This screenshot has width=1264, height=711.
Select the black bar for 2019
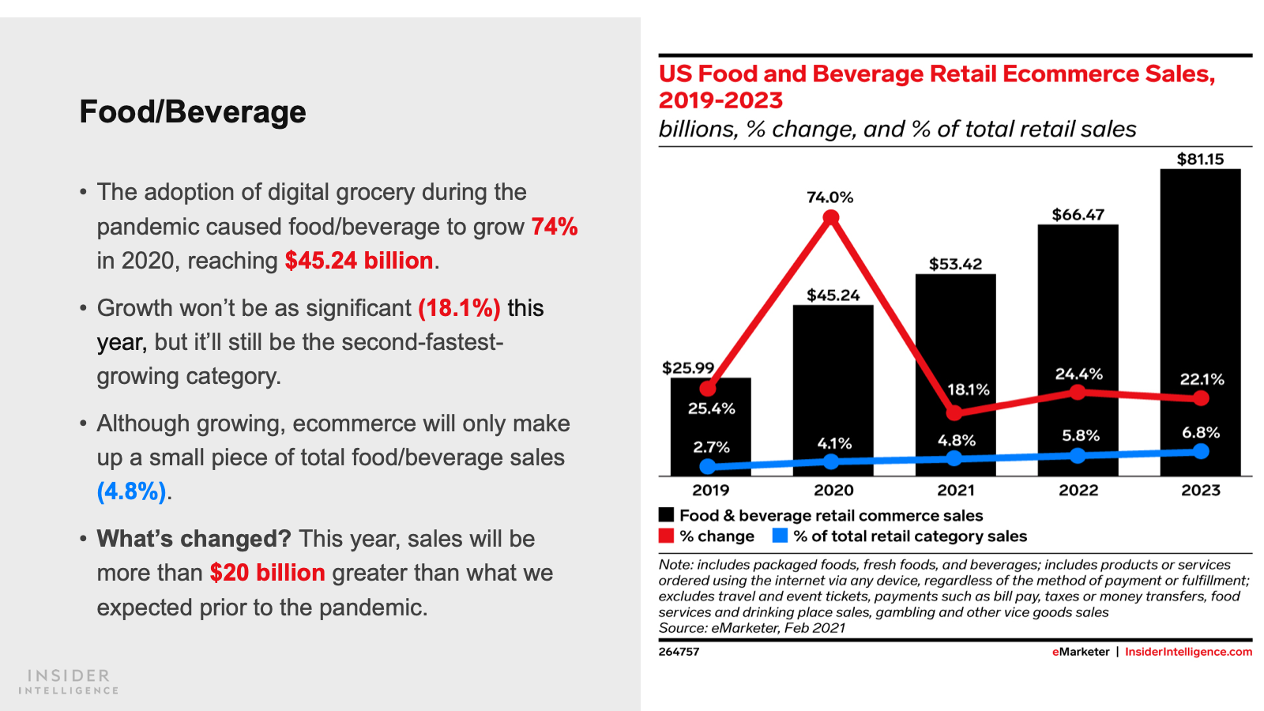point(710,431)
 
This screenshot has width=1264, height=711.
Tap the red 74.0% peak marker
point(830,219)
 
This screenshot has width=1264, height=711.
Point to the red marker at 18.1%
point(954,412)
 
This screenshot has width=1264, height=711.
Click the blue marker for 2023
point(1201,451)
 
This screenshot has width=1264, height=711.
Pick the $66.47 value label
point(1078,215)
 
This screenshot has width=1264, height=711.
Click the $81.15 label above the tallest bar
point(1200,159)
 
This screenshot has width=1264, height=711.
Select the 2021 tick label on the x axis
point(955,491)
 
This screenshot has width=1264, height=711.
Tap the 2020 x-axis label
point(833,491)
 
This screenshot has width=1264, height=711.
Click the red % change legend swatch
point(667,536)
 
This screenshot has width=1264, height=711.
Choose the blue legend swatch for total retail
point(780,536)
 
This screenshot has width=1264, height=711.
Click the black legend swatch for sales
point(667,515)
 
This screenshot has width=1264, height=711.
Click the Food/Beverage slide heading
point(193,111)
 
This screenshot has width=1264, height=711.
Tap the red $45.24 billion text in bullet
point(359,261)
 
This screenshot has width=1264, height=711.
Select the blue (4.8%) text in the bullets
point(131,491)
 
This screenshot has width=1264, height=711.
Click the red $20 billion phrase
point(267,573)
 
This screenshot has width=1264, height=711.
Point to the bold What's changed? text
point(194,539)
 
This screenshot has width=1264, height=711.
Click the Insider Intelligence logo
point(69,681)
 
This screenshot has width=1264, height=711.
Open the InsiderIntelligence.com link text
point(1188,652)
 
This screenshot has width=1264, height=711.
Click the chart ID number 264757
point(679,652)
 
